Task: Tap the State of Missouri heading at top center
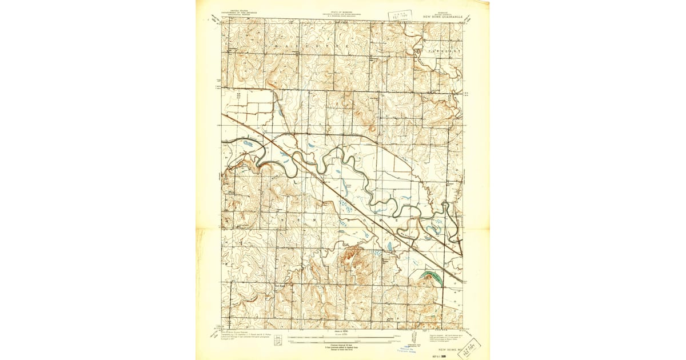[x=342, y=14]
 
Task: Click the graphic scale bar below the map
[x=342, y=341]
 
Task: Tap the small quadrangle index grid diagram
[x=278, y=341]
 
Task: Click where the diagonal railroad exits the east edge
[x=461, y=280]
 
